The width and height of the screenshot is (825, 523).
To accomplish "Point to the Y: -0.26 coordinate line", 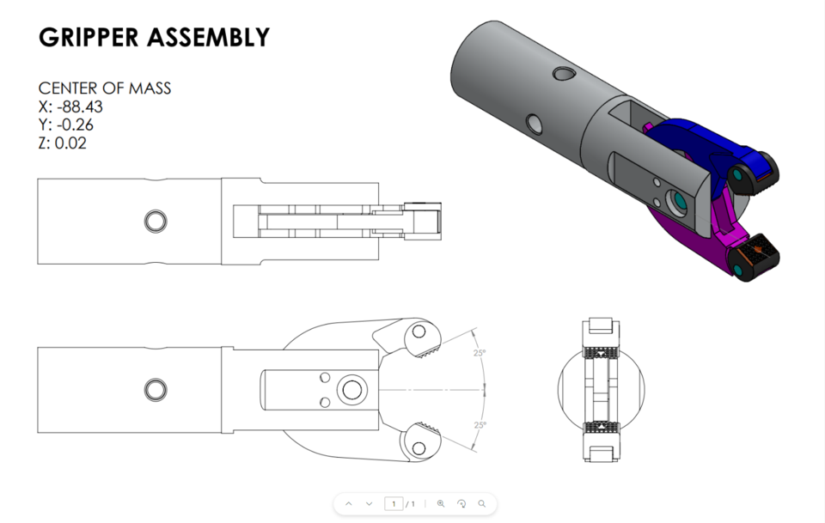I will (x=66, y=125).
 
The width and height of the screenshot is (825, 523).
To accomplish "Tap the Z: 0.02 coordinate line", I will (x=62, y=143).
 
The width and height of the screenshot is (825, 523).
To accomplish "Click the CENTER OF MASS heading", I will (x=105, y=88).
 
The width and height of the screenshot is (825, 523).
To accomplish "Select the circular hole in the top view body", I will (x=156, y=222).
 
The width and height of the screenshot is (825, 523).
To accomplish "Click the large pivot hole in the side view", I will (x=351, y=390).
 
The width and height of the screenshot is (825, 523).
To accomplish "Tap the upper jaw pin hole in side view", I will (x=419, y=331).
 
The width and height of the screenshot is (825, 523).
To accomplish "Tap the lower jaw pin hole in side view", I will (x=419, y=447).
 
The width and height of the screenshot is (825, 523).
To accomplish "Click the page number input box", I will (x=394, y=503).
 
